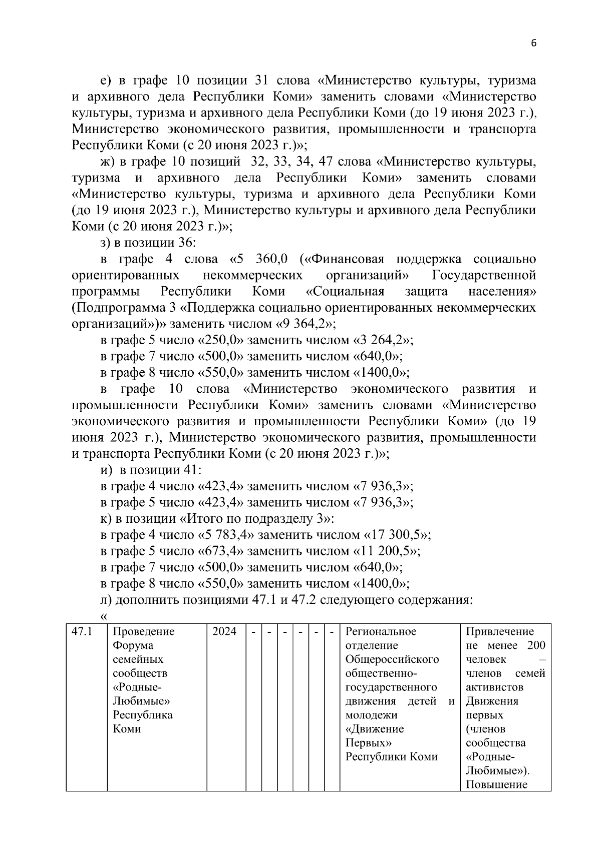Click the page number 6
533,44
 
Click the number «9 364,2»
306,324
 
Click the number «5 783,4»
226,535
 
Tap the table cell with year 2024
224,631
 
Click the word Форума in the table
133,645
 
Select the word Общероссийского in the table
392,659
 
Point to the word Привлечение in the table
500,631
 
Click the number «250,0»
221,340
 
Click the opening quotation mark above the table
104,616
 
